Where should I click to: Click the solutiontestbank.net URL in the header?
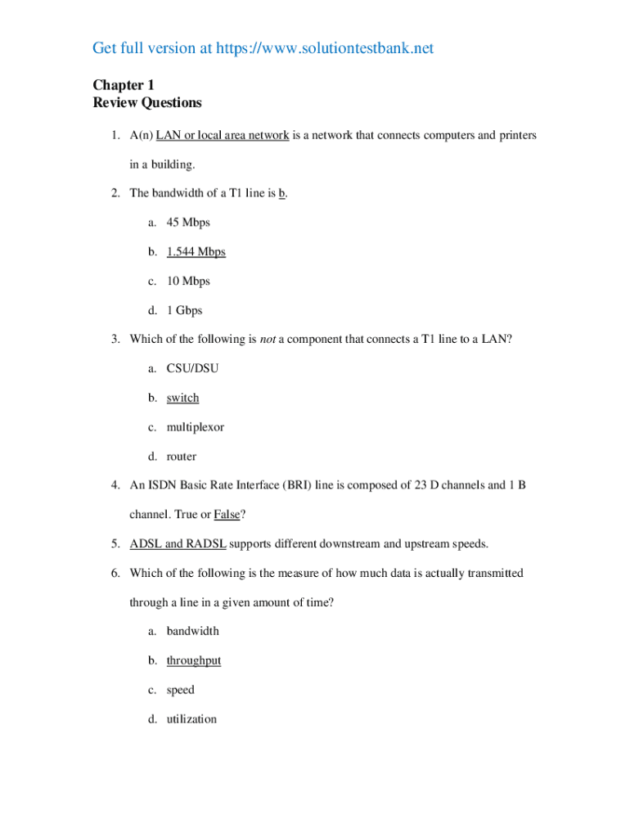[x=324, y=49]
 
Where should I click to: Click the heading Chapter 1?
[x=124, y=85]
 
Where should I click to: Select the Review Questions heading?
[x=147, y=103]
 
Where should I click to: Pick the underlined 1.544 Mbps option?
[x=196, y=252]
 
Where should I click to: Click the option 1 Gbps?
[x=184, y=311]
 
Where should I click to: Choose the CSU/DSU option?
[x=192, y=369]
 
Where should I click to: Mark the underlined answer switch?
[x=182, y=399]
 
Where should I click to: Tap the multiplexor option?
[x=195, y=427]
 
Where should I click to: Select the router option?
[x=182, y=457]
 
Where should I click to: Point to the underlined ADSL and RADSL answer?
[x=178, y=544]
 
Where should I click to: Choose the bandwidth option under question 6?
[x=192, y=632]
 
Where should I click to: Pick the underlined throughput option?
[x=194, y=660]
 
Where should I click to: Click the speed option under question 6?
[x=180, y=691]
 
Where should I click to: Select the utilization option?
[x=191, y=719]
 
